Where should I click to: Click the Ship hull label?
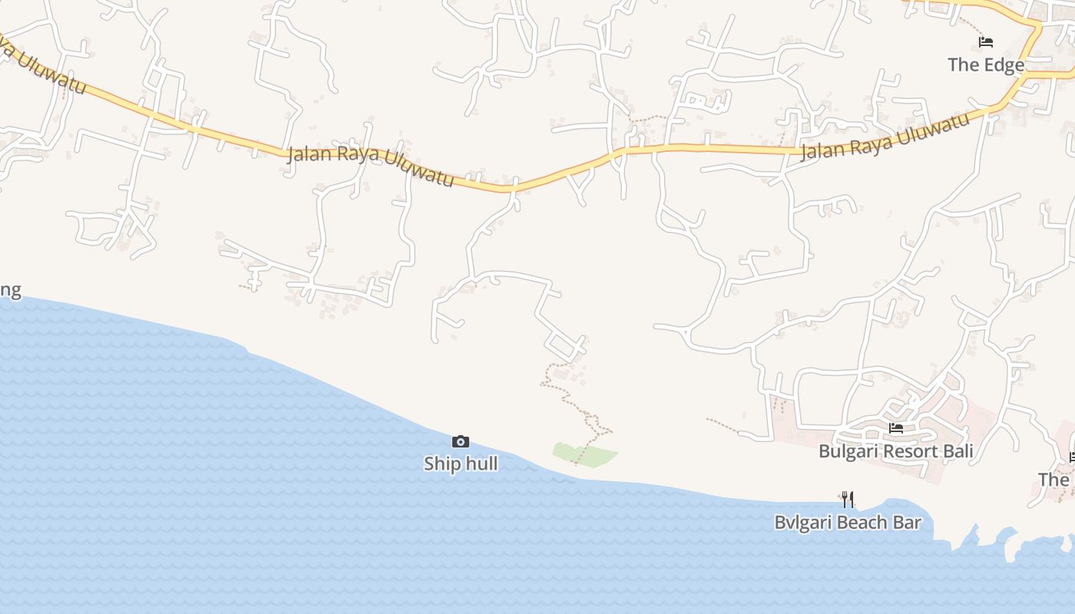pos(461,464)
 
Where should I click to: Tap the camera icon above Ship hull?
pos(461,441)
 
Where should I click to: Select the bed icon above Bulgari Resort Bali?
pos(896,428)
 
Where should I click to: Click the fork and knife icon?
pos(848,500)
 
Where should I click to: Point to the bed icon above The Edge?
pos(986,42)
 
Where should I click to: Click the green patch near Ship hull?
pos(584,454)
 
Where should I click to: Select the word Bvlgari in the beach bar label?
pos(803,523)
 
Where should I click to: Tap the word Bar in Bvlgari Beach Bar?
pos(907,523)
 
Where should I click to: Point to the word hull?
pos(482,464)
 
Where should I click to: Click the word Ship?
pos(442,464)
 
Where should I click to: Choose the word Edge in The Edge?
pos(1004,64)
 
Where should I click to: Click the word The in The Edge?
pos(964,64)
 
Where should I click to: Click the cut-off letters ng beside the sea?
pos(10,290)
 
